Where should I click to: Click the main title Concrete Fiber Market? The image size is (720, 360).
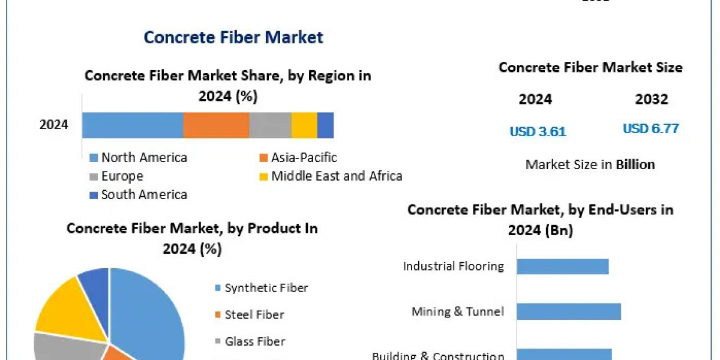click(233, 37)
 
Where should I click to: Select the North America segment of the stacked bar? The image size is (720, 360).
click(133, 125)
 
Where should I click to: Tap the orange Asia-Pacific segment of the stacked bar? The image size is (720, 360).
click(216, 125)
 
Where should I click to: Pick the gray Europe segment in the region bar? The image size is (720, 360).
click(270, 125)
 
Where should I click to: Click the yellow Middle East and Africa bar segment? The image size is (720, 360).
click(304, 125)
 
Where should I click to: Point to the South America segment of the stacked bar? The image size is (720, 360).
click(325, 125)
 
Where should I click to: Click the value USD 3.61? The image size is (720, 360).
click(538, 131)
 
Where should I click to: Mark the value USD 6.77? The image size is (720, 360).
click(650, 128)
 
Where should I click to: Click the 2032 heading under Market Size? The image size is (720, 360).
click(651, 100)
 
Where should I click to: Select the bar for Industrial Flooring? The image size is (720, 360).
click(563, 266)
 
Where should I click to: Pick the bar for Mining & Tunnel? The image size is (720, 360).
click(569, 311)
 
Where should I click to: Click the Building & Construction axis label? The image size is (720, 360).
click(438, 356)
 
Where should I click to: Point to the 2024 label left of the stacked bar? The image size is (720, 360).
click(54, 125)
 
